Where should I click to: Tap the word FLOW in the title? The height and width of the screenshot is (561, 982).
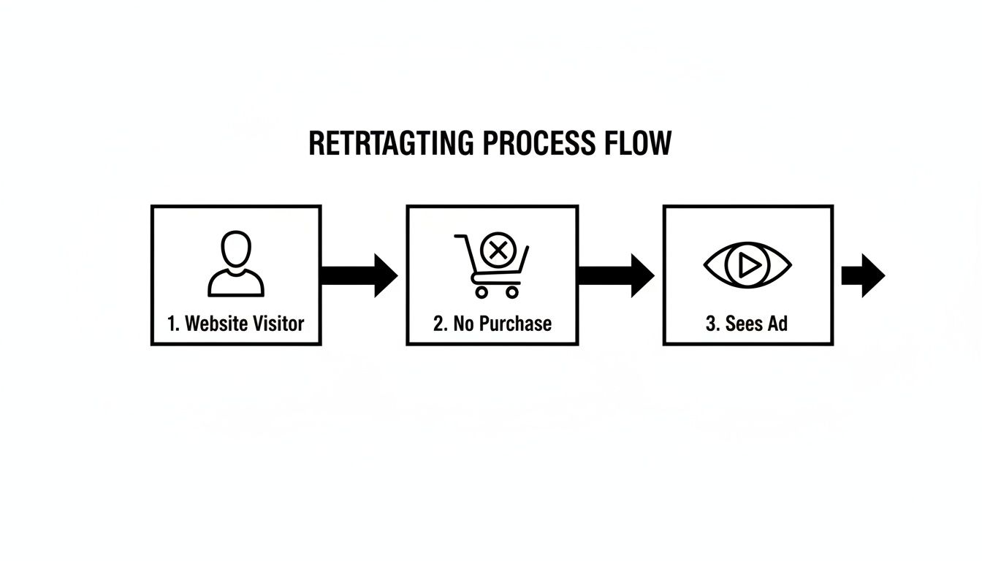pyautogui.click(x=638, y=143)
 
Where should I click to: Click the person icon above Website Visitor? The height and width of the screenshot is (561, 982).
pyautogui.click(x=236, y=264)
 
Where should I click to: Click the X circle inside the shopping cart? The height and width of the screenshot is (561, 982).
pyautogui.click(x=498, y=251)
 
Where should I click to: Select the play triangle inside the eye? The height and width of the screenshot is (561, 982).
pyautogui.click(x=748, y=266)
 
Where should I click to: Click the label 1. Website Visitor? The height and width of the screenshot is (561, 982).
pyautogui.click(x=235, y=324)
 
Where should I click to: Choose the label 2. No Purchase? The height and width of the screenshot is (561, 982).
pyautogui.click(x=492, y=324)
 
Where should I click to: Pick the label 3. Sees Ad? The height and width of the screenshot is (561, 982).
pyautogui.click(x=747, y=324)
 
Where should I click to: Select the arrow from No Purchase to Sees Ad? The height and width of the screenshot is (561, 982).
pyautogui.click(x=616, y=275)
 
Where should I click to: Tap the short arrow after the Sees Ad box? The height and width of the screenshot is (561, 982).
pyautogui.click(x=863, y=275)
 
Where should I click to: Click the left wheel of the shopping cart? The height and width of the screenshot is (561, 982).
pyautogui.click(x=481, y=292)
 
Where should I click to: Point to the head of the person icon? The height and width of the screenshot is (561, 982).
pyautogui.click(x=236, y=250)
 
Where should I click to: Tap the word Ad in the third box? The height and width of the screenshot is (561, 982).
pyautogui.click(x=777, y=324)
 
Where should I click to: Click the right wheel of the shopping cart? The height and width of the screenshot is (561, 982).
pyautogui.click(x=511, y=292)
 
